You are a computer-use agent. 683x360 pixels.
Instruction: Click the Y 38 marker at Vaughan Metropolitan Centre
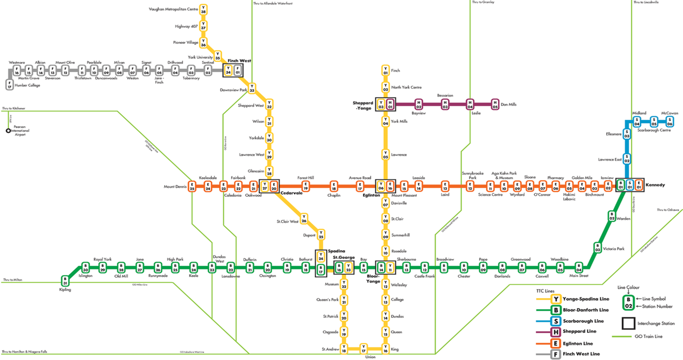click(203, 10)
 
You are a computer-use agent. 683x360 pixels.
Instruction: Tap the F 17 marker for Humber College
click(9, 84)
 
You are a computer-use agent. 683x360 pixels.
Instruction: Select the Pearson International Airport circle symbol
click(8, 130)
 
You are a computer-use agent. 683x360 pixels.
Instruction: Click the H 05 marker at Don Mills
click(495, 104)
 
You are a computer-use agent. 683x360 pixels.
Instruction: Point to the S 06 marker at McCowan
click(669, 122)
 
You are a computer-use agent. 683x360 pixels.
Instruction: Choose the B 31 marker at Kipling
click(65, 281)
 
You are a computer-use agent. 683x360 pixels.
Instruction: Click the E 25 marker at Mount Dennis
click(192, 186)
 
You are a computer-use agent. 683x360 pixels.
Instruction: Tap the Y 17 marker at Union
click(364, 349)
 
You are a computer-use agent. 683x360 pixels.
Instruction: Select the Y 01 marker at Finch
click(385, 70)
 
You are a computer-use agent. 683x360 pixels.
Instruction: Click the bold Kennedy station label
click(655, 185)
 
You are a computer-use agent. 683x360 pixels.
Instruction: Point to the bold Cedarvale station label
click(291, 193)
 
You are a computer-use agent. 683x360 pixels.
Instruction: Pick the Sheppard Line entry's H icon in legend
click(556, 332)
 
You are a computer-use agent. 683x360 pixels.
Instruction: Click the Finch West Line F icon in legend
click(556, 354)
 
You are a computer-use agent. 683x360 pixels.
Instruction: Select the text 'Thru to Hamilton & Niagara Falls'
click(25, 352)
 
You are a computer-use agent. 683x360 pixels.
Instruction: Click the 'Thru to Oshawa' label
click(668, 210)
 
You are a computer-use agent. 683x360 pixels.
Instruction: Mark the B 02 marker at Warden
click(612, 216)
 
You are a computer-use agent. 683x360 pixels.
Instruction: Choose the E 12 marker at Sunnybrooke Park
click(470, 186)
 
